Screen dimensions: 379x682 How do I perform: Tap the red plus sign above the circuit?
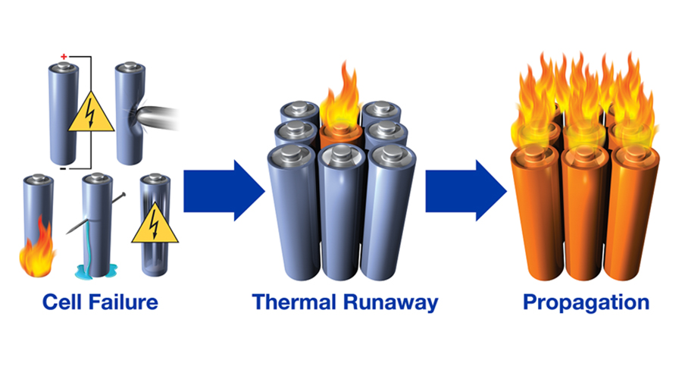tap(63, 58)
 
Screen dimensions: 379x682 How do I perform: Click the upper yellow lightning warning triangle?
tap(91, 114)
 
